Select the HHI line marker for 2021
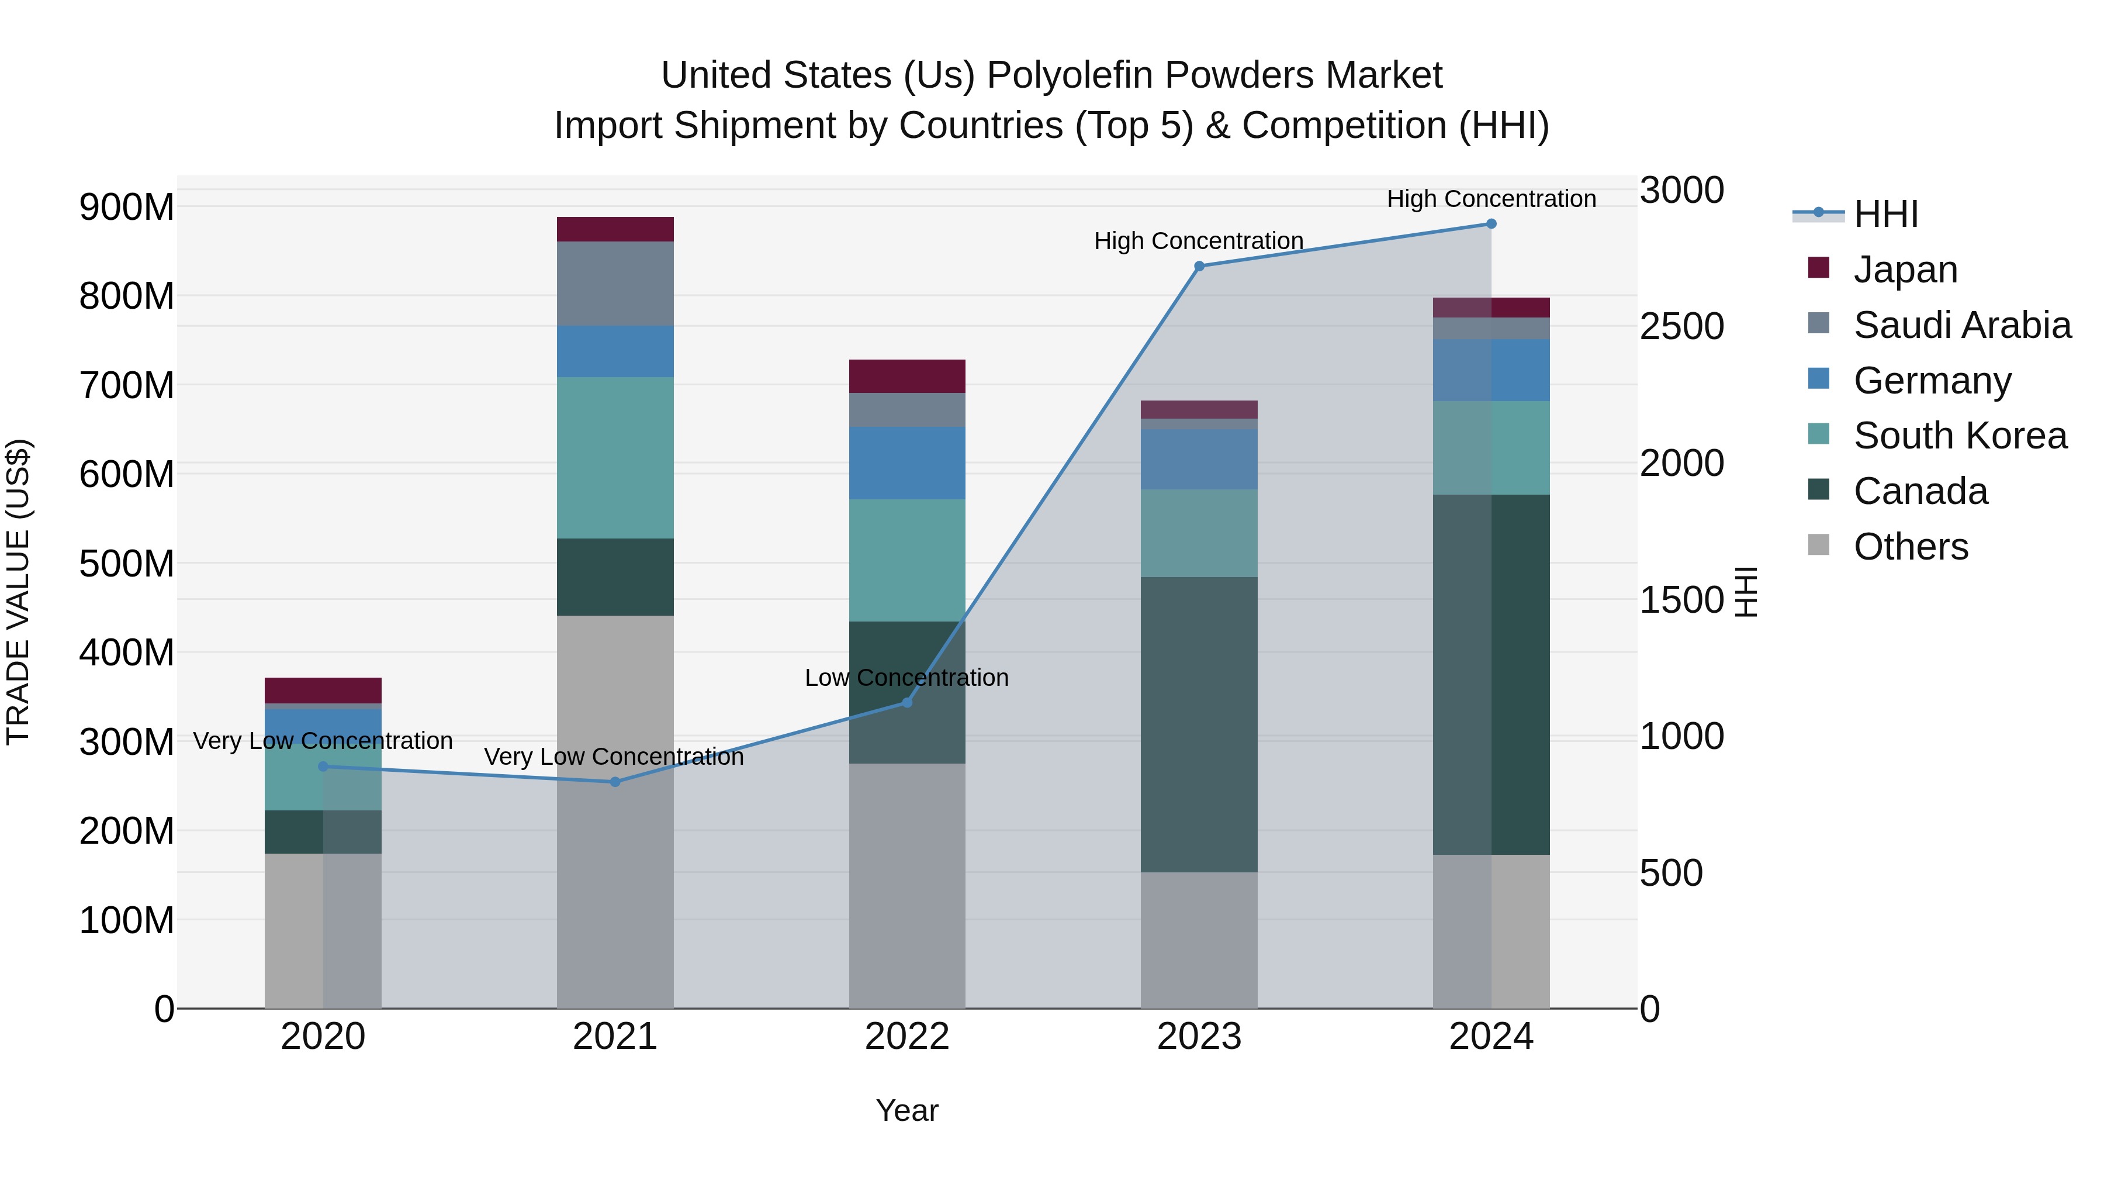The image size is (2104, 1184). [615, 782]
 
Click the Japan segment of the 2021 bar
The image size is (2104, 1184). [615, 230]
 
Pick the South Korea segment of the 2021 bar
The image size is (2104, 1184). [615, 458]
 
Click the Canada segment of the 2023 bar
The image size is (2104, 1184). [1199, 725]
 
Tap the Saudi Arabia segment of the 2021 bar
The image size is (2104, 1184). [615, 284]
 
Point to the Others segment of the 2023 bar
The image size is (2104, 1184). [1199, 940]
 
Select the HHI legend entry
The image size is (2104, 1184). [1885, 214]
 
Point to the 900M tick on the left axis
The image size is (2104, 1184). [127, 207]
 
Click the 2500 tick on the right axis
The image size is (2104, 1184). [1681, 326]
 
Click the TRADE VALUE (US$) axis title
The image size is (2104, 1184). [18, 592]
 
